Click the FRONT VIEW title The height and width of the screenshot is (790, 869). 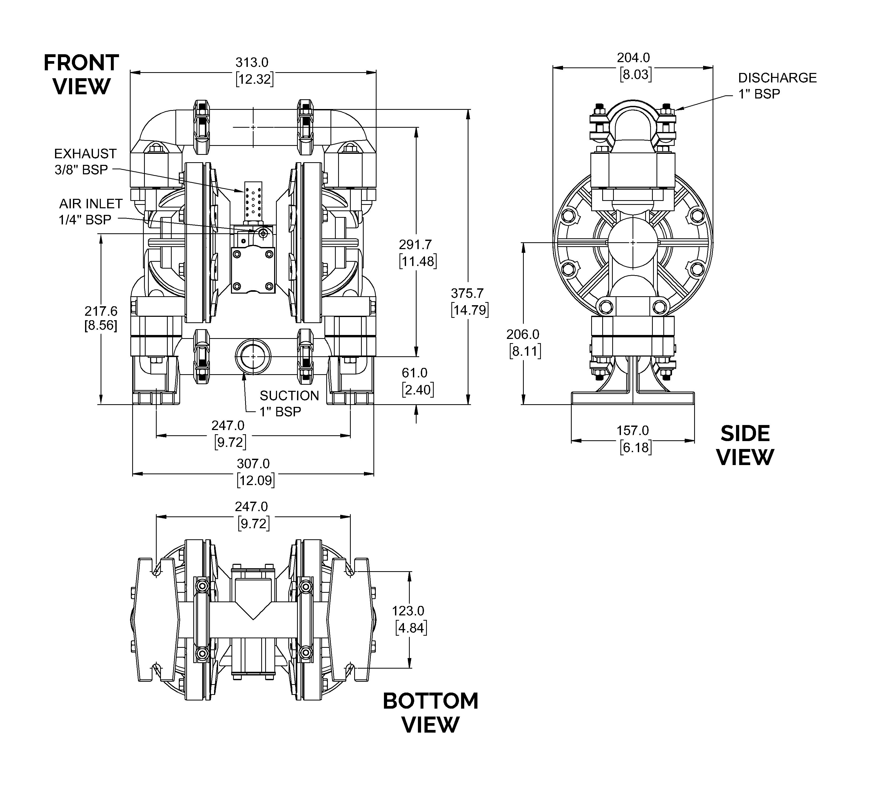pyautogui.click(x=81, y=74)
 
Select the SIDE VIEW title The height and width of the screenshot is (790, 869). pyautogui.click(x=745, y=445)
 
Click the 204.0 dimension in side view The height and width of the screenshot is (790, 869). pyautogui.click(x=633, y=57)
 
